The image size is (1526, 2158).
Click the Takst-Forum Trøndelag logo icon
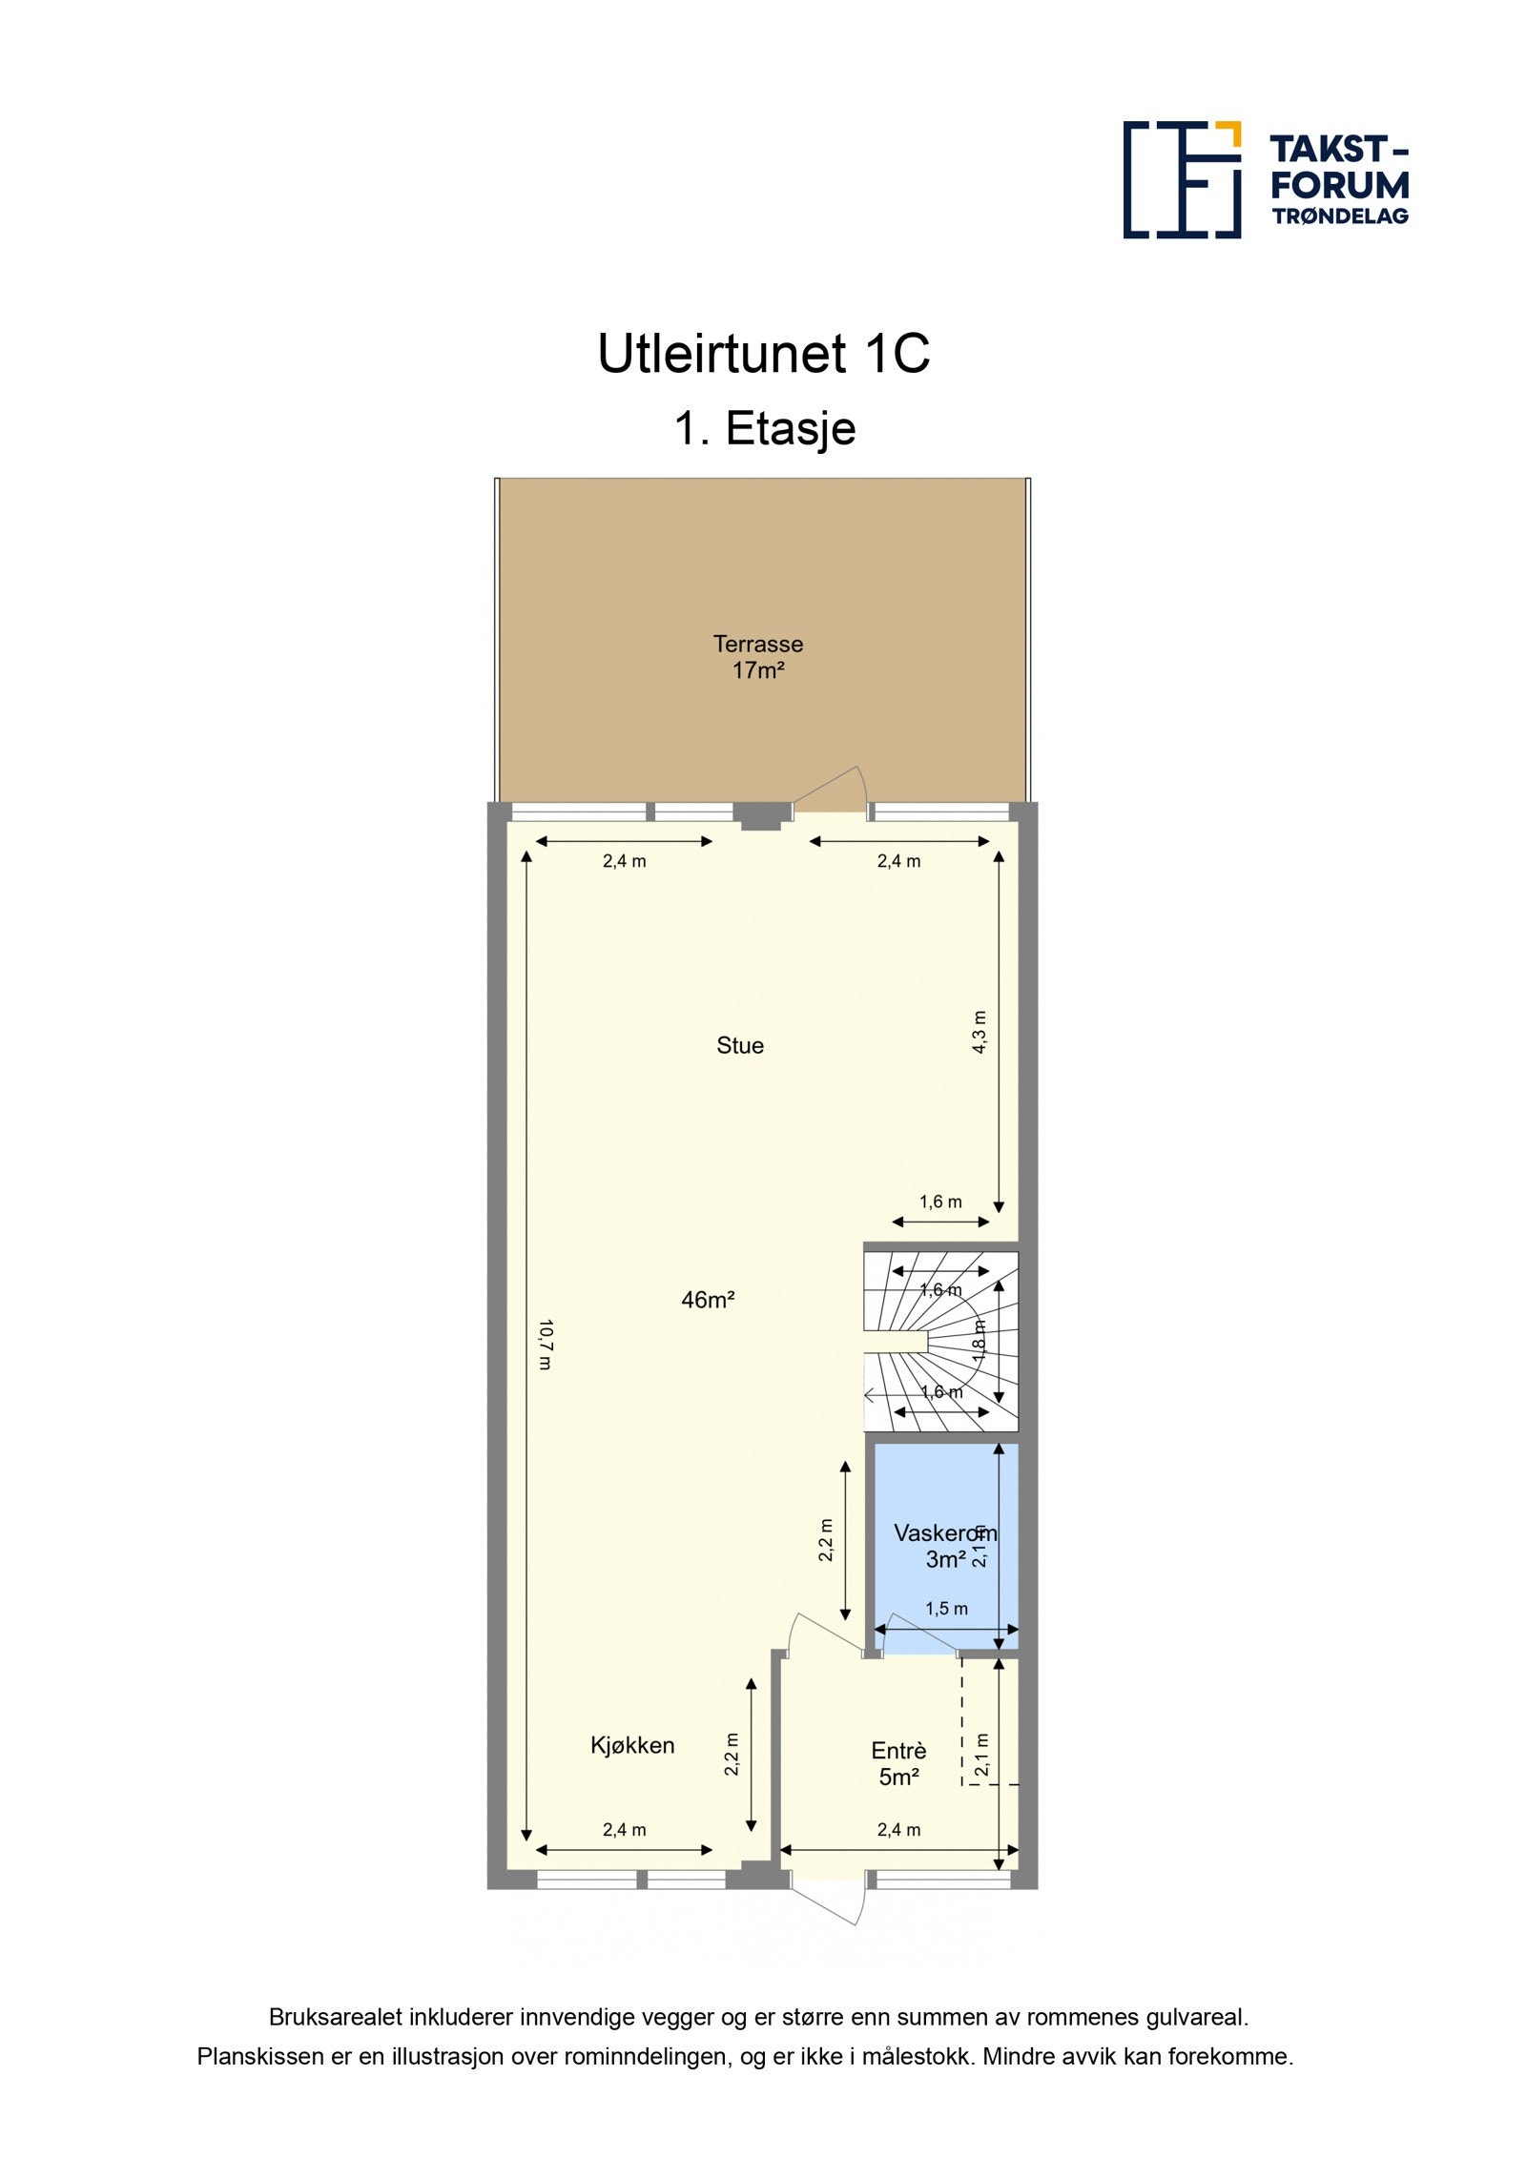1182,179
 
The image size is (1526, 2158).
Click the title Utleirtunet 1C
763,354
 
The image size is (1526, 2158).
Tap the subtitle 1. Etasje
764,428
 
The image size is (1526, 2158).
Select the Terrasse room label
758,644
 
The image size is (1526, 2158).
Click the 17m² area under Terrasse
758,670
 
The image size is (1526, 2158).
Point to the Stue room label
740,1045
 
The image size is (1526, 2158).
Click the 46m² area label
708,1300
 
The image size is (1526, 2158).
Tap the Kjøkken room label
632,1745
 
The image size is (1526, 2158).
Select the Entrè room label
898,1751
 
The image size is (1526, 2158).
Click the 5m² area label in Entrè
898,1777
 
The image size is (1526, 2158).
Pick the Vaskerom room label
944,1533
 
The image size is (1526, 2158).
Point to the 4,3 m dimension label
980,1032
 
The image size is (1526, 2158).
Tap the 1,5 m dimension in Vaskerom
946,1609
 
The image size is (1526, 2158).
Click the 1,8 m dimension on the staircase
980,1340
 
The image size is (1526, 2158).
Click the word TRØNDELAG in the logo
1340,216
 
